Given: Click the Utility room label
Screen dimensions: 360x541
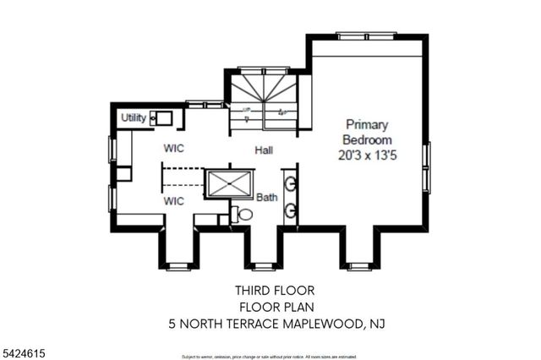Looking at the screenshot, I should [134, 117].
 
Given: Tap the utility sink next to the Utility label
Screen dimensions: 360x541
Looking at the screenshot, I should [161, 118].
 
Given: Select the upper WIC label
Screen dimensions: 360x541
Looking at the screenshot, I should [174, 149].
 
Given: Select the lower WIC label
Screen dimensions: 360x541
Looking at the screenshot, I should [174, 201].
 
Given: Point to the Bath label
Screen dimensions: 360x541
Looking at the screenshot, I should [267, 197].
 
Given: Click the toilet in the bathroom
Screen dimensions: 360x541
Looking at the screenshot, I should [244, 215].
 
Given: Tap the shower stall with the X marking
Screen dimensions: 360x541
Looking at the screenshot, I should [230, 183].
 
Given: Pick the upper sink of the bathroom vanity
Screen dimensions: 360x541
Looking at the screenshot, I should [290, 183].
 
